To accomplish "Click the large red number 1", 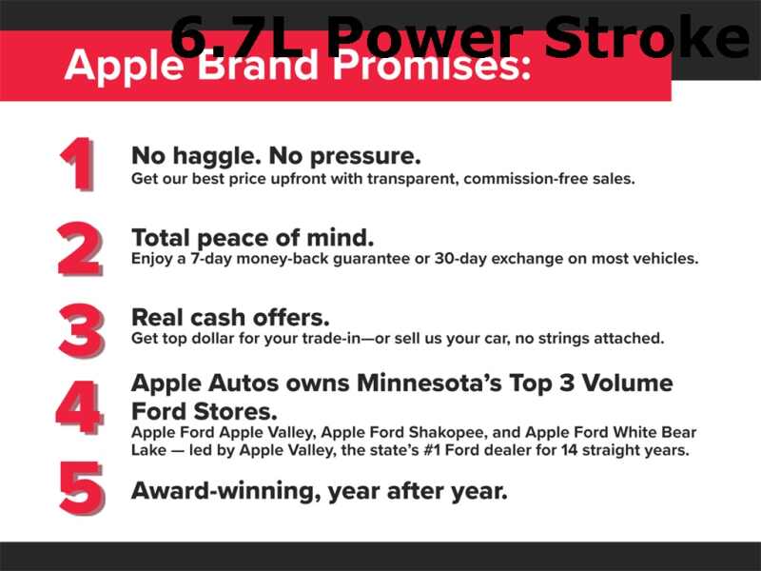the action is pos(78,164).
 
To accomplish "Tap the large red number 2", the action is pos(80,249).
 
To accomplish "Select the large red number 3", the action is pos(82,331).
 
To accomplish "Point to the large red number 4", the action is pos(80,408).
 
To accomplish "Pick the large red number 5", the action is pos(82,488).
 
